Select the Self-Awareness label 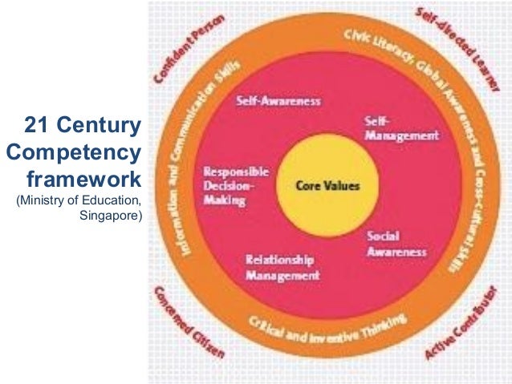click(x=278, y=102)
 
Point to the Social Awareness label click(x=396, y=245)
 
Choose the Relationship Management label click(x=282, y=268)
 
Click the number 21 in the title click(x=38, y=126)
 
